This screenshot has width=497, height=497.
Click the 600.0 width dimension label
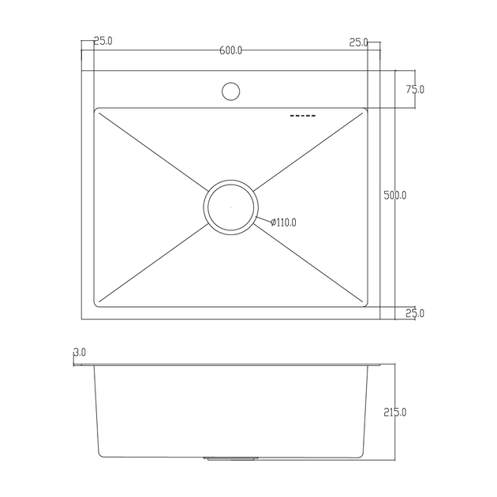pyautogui.click(x=230, y=50)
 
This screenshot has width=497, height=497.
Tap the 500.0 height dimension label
pyautogui.click(x=394, y=196)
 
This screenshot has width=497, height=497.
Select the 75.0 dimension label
pyautogui.click(x=415, y=90)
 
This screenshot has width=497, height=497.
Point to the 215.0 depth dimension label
pyautogui.click(x=394, y=413)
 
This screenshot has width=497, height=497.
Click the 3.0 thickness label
pyautogui.click(x=80, y=352)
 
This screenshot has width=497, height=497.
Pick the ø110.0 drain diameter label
pyautogui.click(x=283, y=222)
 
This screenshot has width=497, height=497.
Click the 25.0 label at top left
pyautogui.click(x=103, y=41)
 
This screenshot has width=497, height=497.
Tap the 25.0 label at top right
pyautogui.click(x=358, y=43)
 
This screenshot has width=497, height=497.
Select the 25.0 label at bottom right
pyautogui.click(x=415, y=313)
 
